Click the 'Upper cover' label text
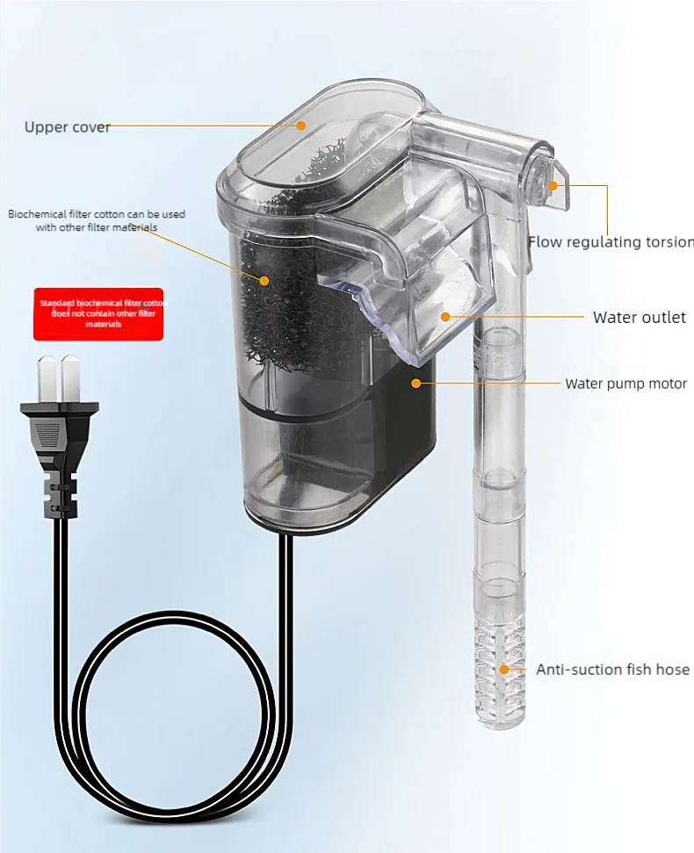tap(67, 127)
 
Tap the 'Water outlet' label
tap(639, 318)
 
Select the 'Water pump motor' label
tap(625, 383)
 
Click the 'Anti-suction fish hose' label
tap(612, 670)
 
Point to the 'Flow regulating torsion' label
tap(611, 242)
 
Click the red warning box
tap(98, 314)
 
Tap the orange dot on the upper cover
tap(300, 125)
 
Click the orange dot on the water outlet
tap(445, 317)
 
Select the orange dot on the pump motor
tap(416, 383)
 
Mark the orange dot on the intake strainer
tap(504, 670)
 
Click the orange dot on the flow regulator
tap(553, 185)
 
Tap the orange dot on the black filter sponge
tap(265, 280)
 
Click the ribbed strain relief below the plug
tap(60, 496)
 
